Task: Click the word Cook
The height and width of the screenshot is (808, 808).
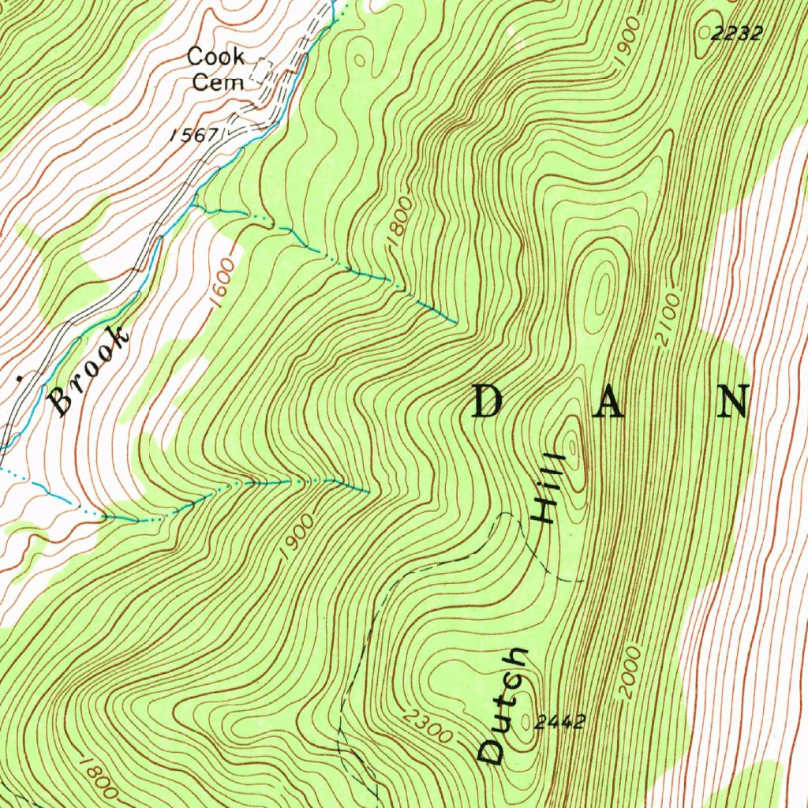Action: (215, 57)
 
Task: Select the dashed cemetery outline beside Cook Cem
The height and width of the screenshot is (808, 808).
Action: (260, 72)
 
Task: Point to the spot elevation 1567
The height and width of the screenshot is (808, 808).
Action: (194, 134)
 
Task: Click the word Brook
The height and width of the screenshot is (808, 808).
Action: (88, 371)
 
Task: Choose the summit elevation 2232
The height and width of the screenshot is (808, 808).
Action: (738, 33)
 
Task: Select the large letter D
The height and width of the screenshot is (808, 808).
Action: (488, 403)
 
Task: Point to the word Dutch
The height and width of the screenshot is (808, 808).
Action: (505, 705)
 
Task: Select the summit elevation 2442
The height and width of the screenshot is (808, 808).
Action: (559, 721)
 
